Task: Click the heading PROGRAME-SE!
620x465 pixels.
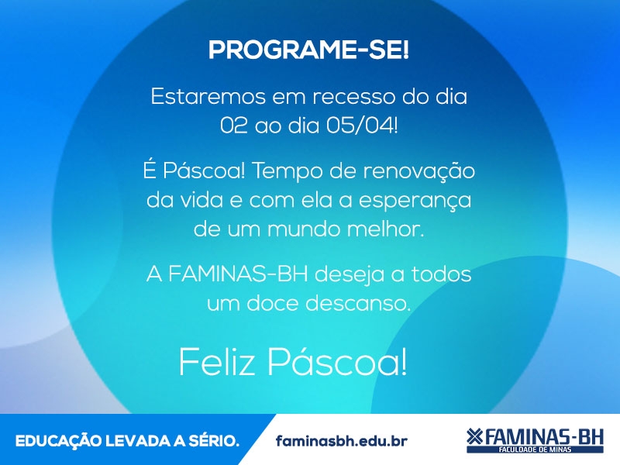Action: [308, 50]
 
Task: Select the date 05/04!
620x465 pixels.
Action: [362, 126]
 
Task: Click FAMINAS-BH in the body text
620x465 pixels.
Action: [238, 274]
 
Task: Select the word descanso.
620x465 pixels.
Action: [358, 303]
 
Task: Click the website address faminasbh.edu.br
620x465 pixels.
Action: [342, 440]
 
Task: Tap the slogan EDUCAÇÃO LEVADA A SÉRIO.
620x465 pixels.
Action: [127, 440]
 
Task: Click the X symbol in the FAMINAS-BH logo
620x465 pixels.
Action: [474, 436]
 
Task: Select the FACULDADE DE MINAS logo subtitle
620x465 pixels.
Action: [535, 449]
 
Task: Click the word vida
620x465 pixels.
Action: [201, 201]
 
